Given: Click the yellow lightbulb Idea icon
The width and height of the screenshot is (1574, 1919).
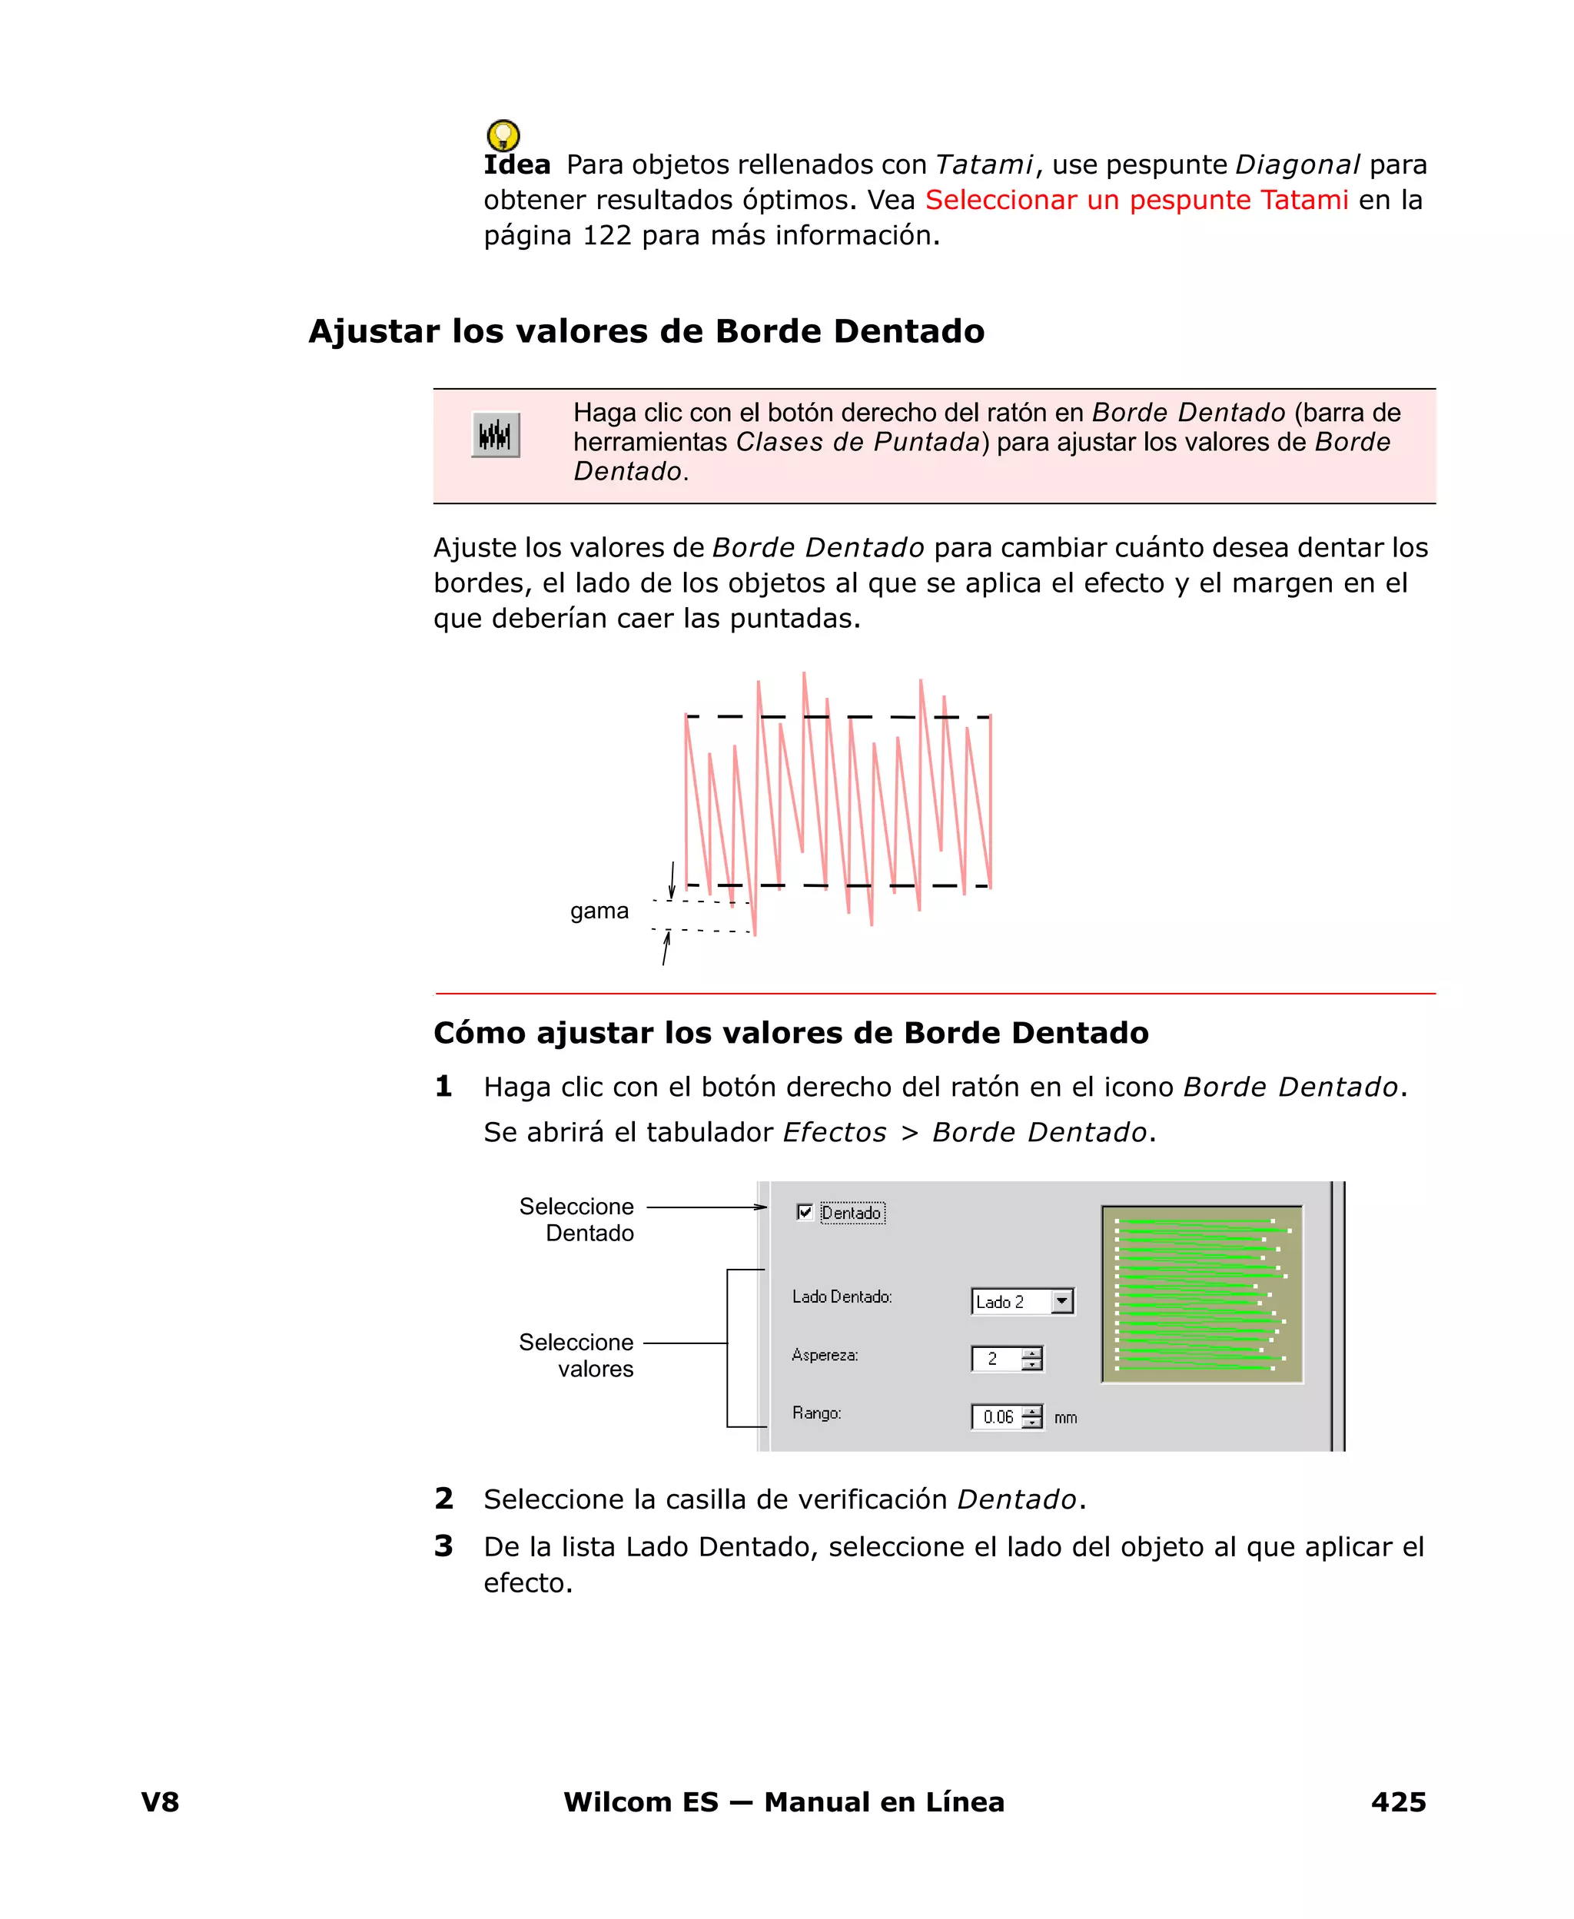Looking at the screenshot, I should pos(503,136).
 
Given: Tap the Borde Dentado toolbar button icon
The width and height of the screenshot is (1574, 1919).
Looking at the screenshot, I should pos(495,435).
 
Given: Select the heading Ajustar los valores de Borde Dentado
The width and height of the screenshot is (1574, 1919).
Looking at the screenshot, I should pos(646,332).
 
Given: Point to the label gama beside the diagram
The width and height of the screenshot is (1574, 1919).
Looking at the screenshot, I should pos(599,910).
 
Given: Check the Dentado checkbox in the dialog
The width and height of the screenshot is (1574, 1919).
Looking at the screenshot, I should pos(804,1212).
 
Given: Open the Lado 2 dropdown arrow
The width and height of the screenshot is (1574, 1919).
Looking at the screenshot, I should pos(1061,1302).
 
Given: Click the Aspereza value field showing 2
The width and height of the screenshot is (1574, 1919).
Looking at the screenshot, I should pos(995,1359).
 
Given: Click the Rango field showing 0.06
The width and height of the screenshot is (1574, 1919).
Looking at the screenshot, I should pos(998,1417).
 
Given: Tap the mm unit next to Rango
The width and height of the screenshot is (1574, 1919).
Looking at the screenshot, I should pos(1065,1418).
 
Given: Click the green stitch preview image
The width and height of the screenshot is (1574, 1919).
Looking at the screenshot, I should pos(1201,1293).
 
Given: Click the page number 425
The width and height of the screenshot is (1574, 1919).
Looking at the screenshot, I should pos(1398,1802).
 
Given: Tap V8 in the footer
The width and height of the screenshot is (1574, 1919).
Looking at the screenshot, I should pos(160,1802).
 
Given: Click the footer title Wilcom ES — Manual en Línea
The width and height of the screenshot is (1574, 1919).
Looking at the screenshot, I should pos(783,1802).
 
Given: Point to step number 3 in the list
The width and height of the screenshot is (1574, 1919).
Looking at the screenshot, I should pos(443,1545).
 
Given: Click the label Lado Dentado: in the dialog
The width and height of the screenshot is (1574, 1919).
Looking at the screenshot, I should pos(842,1297).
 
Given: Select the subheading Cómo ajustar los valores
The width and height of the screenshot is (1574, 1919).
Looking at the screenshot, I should pos(791,1034).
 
